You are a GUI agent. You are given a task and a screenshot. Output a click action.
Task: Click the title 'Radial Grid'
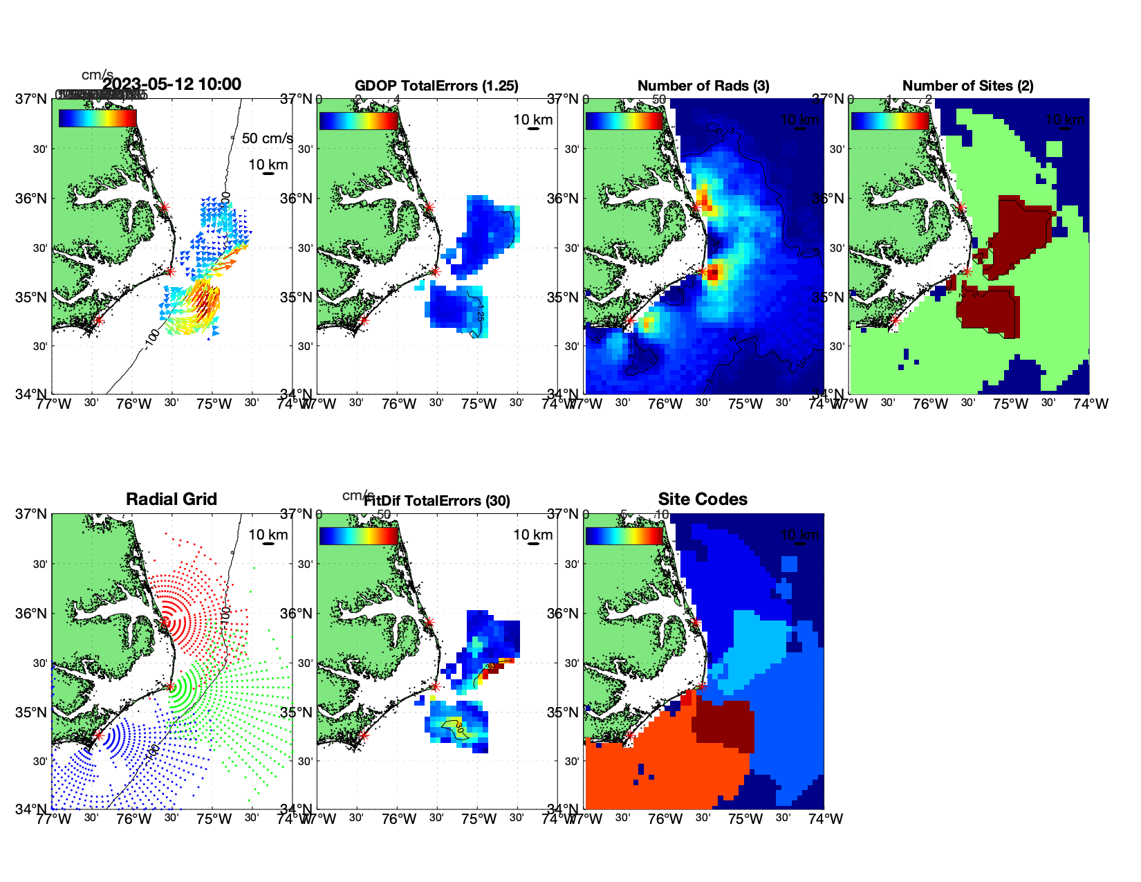pyautogui.click(x=171, y=499)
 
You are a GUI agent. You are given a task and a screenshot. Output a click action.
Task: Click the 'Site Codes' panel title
pyautogui.click(x=703, y=499)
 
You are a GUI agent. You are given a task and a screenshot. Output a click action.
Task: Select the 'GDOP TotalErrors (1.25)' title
pyautogui.click(x=436, y=86)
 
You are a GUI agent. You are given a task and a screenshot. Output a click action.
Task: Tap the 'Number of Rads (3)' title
pyautogui.click(x=703, y=86)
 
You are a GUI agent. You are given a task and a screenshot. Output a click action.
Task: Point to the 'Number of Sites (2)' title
pyautogui.click(x=967, y=86)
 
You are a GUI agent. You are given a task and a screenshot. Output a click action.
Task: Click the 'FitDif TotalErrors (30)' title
pyautogui.click(x=437, y=501)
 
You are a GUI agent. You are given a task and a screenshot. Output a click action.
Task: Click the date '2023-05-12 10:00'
pyautogui.click(x=171, y=84)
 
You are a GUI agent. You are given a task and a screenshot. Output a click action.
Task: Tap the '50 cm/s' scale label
pyautogui.click(x=267, y=138)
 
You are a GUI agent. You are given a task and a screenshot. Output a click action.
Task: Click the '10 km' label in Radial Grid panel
pyautogui.click(x=268, y=535)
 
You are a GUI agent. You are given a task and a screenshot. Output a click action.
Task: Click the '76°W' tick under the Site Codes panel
pyautogui.click(x=665, y=819)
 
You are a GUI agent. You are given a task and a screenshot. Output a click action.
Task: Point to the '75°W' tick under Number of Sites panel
pyautogui.click(x=1010, y=404)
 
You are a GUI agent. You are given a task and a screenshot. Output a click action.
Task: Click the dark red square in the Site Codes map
pyautogui.click(x=723, y=726)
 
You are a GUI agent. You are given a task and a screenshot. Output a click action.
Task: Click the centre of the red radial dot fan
pyautogui.click(x=166, y=621)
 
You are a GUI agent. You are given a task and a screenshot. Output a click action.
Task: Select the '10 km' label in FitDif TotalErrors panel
pyautogui.click(x=533, y=535)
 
